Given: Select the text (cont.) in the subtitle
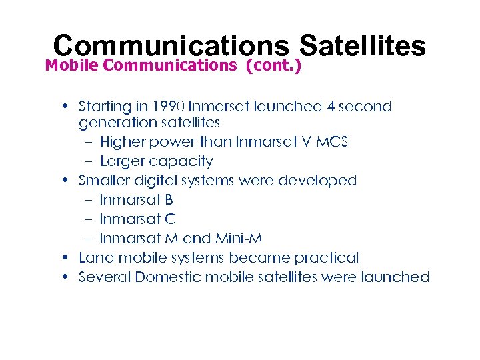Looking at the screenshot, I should click(273, 65).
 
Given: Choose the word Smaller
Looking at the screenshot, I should click(105, 181).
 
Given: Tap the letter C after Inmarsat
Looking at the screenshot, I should click(170, 219).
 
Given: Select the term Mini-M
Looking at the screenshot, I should click(242, 238).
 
